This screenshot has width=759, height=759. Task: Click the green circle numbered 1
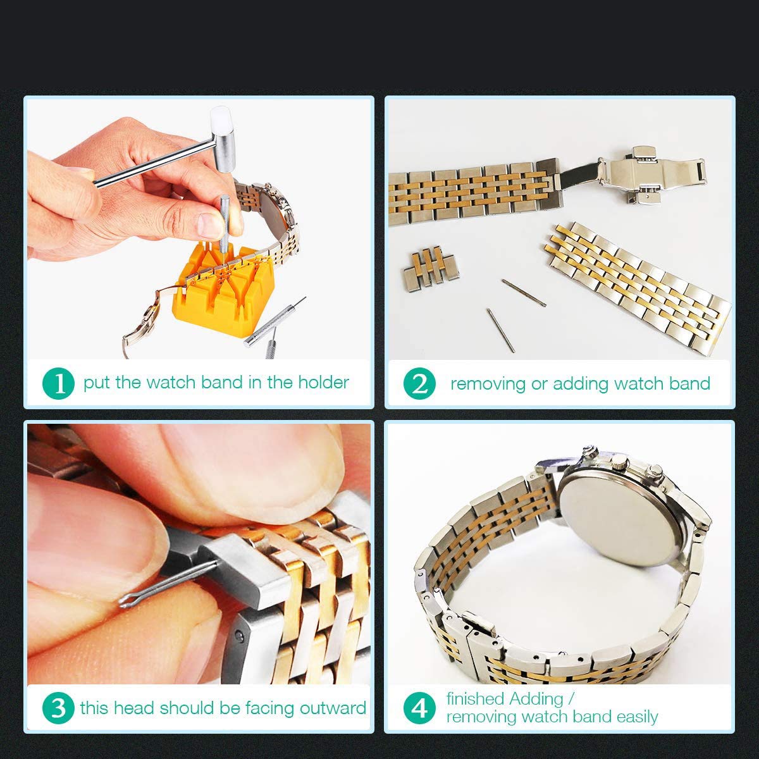tap(58, 383)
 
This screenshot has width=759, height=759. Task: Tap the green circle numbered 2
tap(419, 383)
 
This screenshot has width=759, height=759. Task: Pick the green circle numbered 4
tap(419, 708)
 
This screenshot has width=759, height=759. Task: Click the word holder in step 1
tap(323, 382)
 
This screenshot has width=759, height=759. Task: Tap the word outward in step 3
tap(333, 708)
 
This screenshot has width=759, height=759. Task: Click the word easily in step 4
tap(638, 717)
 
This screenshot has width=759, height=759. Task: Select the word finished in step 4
tap(476, 699)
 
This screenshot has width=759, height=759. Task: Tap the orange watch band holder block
tap(223, 290)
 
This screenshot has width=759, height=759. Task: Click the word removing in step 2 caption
tap(488, 384)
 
